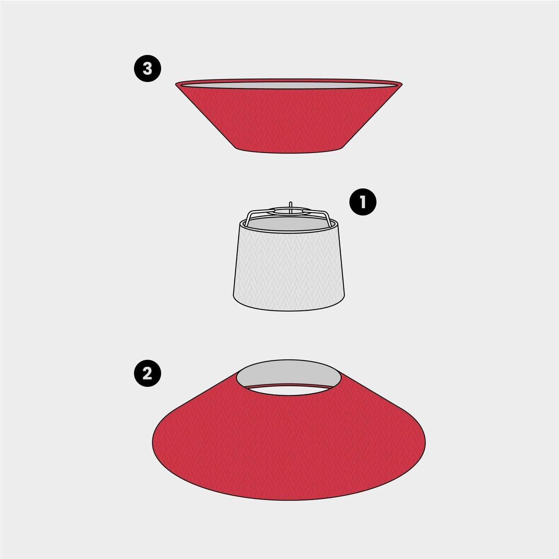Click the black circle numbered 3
click(x=148, y=69)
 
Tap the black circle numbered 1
click(x=363, y=202)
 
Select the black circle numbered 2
click(x=148, y=373)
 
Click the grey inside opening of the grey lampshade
click(x=289, y=223)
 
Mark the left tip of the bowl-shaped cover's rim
click(x=176, y=84)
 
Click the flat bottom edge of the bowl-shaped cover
click(x=289, y=152)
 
